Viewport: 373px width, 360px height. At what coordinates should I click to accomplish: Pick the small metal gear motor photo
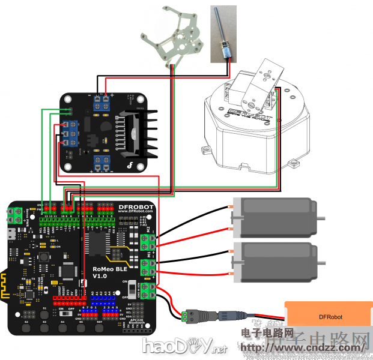(x=222, y=34)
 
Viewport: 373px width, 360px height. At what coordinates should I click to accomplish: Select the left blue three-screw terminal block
(x=70, y=133)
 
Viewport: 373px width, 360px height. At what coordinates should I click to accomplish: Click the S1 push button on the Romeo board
(x=44, y=314)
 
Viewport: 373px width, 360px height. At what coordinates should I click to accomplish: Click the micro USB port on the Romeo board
(x=11, y=232)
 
